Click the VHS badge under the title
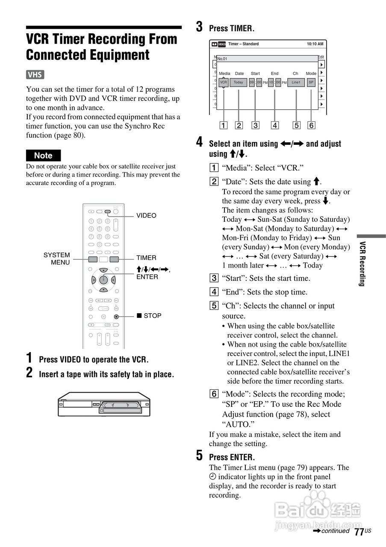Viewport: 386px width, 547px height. click(35, 75)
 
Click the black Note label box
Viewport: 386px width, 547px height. click(43, 156)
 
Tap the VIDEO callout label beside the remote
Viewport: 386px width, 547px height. click(146, 215)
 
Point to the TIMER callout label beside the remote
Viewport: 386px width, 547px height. click(146, 258)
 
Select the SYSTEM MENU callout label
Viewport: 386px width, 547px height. click(56, 259)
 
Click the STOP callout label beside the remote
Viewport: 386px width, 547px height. click(149, 316)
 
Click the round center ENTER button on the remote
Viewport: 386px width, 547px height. click(103, 280)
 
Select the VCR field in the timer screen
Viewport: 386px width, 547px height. click(224, 82)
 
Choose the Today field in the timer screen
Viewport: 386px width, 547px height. click(238, 82)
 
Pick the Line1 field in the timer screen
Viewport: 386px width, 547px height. click(296, 82)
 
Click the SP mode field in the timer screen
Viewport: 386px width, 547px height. click(311, 82)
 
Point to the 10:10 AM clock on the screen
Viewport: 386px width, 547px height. click(315, 44)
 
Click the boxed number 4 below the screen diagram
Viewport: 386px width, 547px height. click(275, 125)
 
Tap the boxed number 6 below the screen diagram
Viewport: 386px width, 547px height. click(311, 125)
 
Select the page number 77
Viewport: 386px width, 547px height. click(359, 532)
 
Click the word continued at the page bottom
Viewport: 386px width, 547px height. click(336, 531)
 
